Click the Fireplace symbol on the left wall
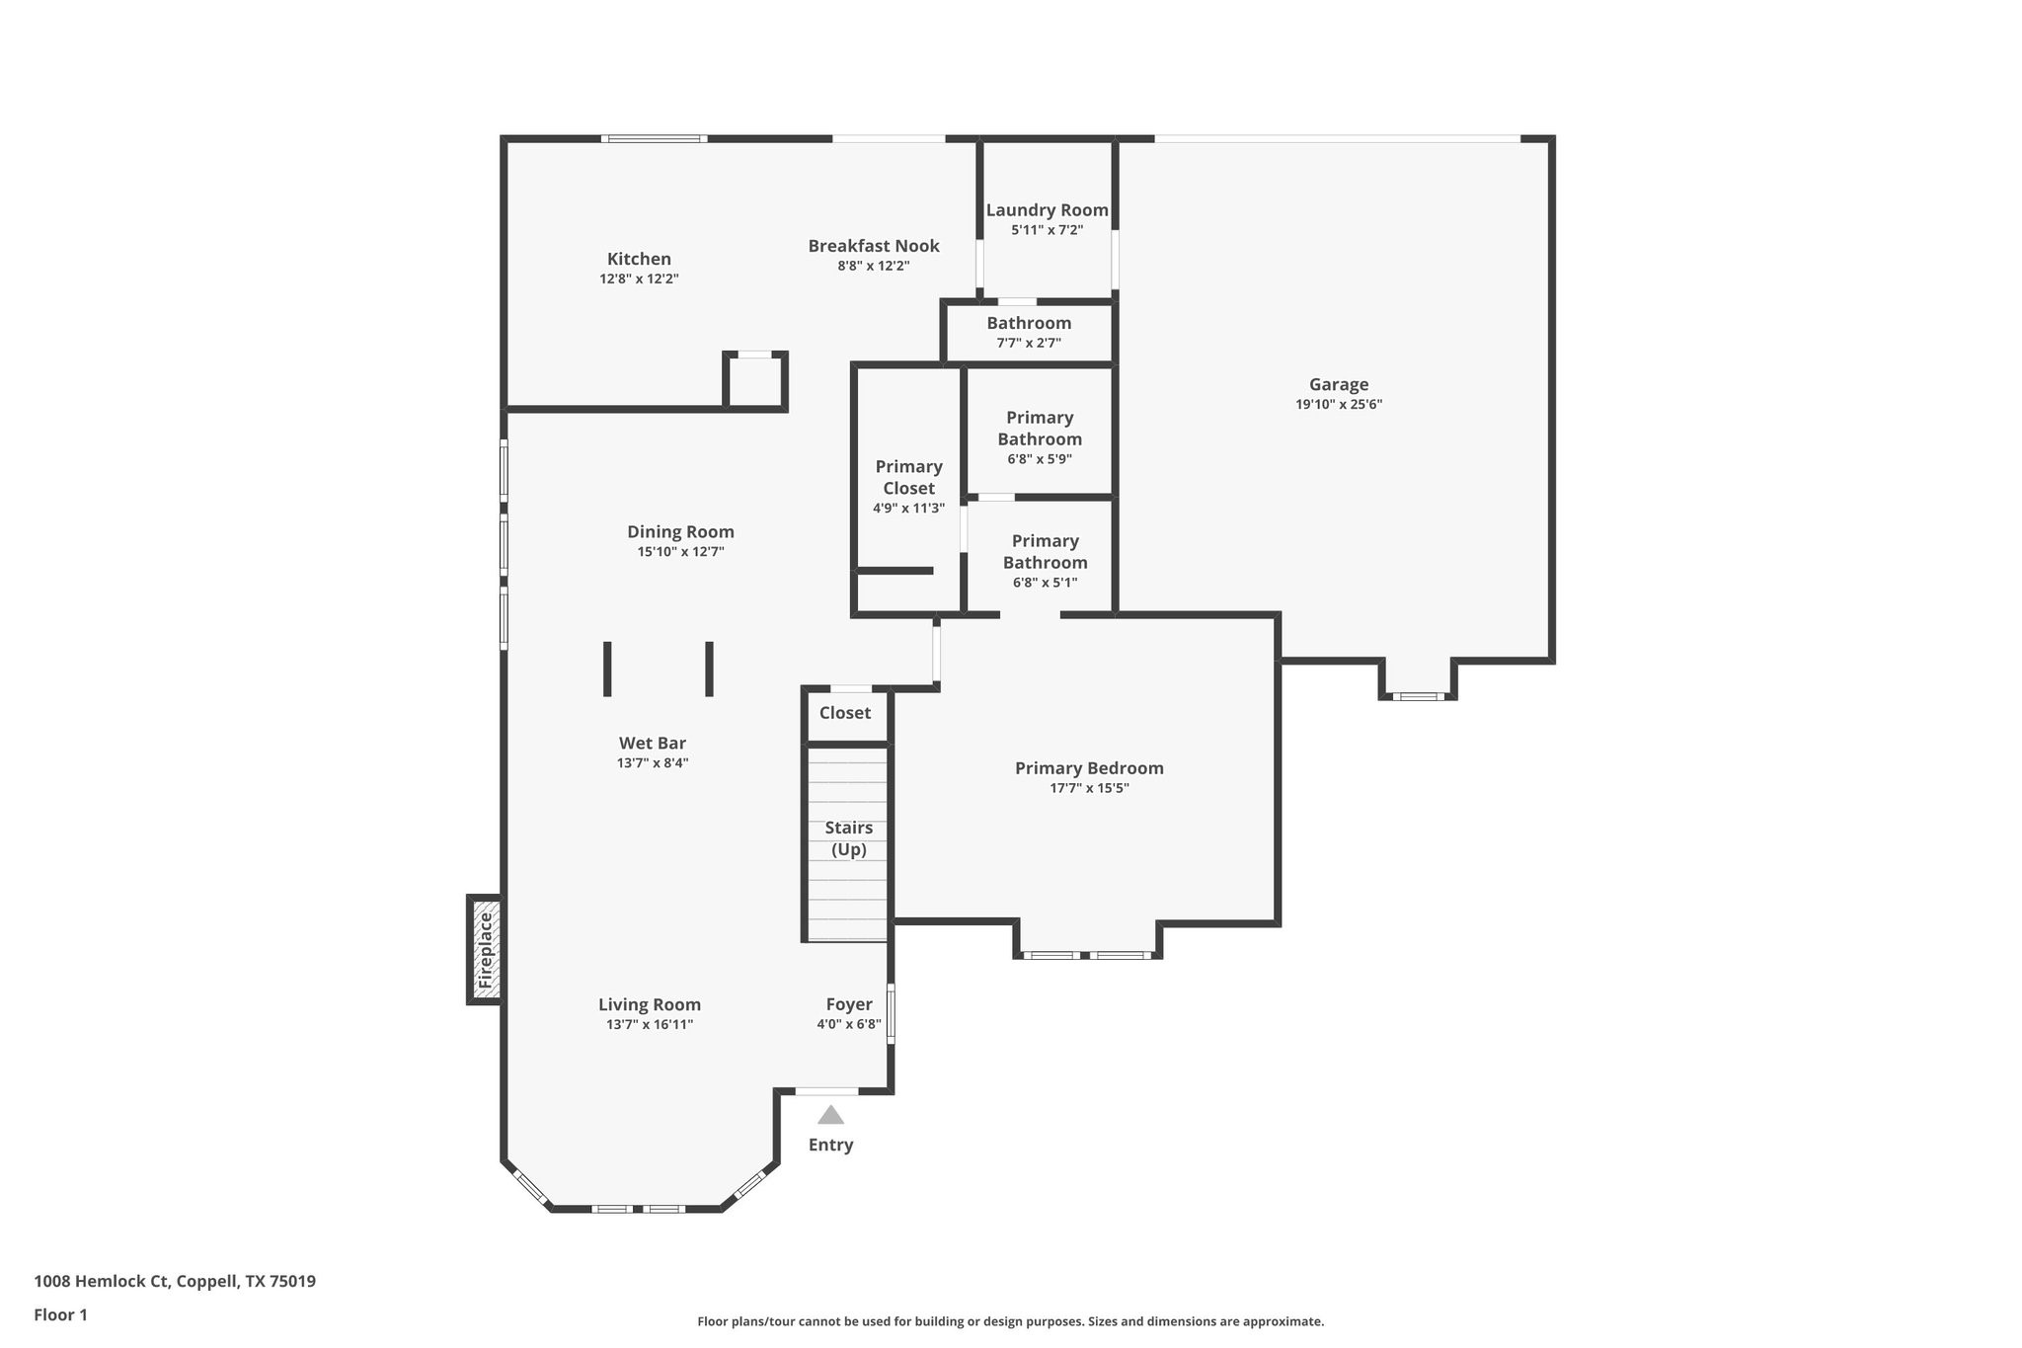(x=485, y=950)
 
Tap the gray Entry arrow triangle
(x=830, y=1115)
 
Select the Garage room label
(x=1338, y=385)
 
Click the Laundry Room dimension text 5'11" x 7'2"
(x=1047, y=230)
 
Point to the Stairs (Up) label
(x=848, y=838)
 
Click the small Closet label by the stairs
(x=844, y=713)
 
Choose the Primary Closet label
(x=908, y=477)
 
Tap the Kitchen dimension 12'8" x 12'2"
(x=639, y=279)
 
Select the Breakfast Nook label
(x=873, y=246)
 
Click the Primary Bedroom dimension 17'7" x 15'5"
(x=1089, y=788)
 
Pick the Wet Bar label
(x=652, y=744)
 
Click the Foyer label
(x=848, y=1004)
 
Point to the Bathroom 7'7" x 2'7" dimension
(x=1029, y=344)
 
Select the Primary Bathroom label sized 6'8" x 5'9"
(x=1039, y=429)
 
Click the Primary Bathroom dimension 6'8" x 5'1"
(x=1045, y=583)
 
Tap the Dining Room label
(x=680, y=532)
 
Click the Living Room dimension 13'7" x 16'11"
(x=650, y=1025)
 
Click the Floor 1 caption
(x=60, y=1314)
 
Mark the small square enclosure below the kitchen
(x=755, y=381)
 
